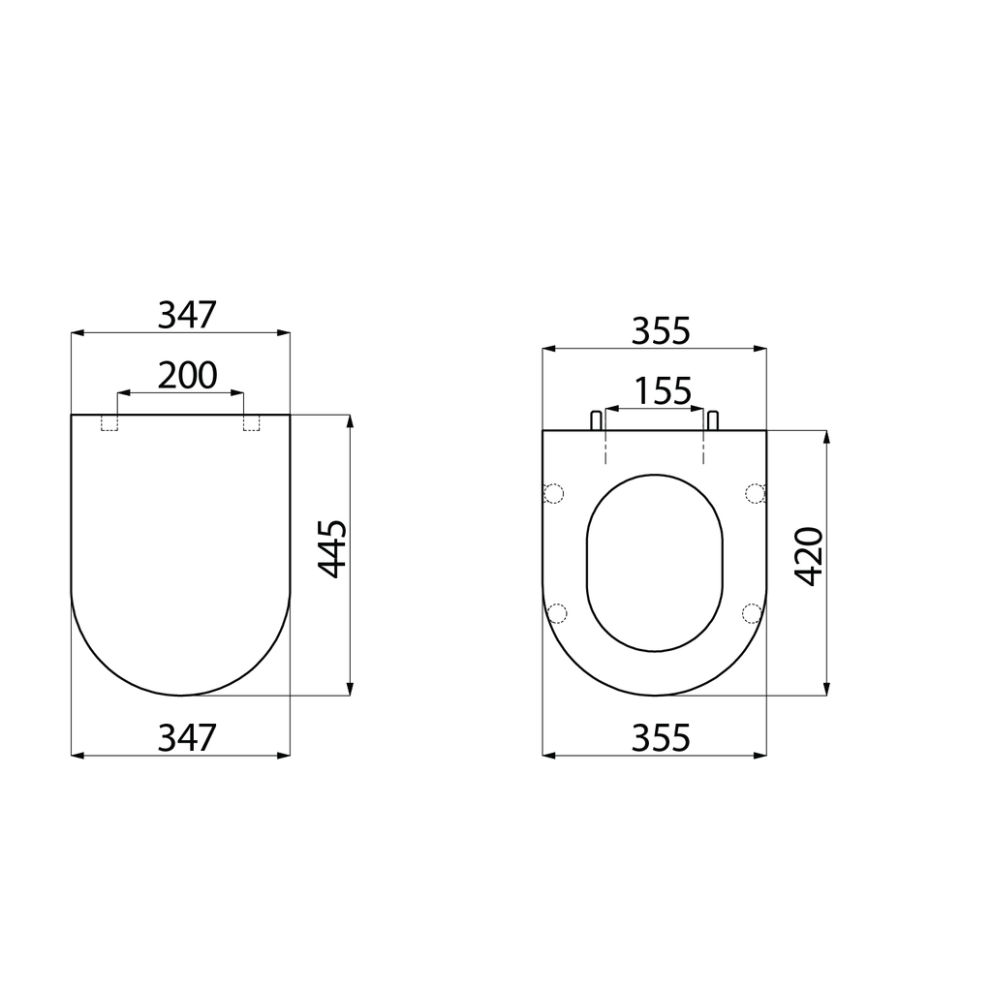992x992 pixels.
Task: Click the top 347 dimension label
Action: tap(187, 315)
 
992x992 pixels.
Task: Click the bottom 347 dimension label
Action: tap(187, 737)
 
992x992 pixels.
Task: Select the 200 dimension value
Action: tap(187, 375)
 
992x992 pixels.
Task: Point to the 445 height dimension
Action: tap(332, 549)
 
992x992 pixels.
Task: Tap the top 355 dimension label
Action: tap(661, 331)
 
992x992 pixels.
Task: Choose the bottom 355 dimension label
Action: tap(661, 737)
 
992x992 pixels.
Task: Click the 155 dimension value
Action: tap(663, 391)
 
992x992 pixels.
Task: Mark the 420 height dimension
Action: tap(809, 556)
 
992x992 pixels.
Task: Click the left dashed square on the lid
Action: tap(108, 422)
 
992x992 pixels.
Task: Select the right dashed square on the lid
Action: tap(252, 422)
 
